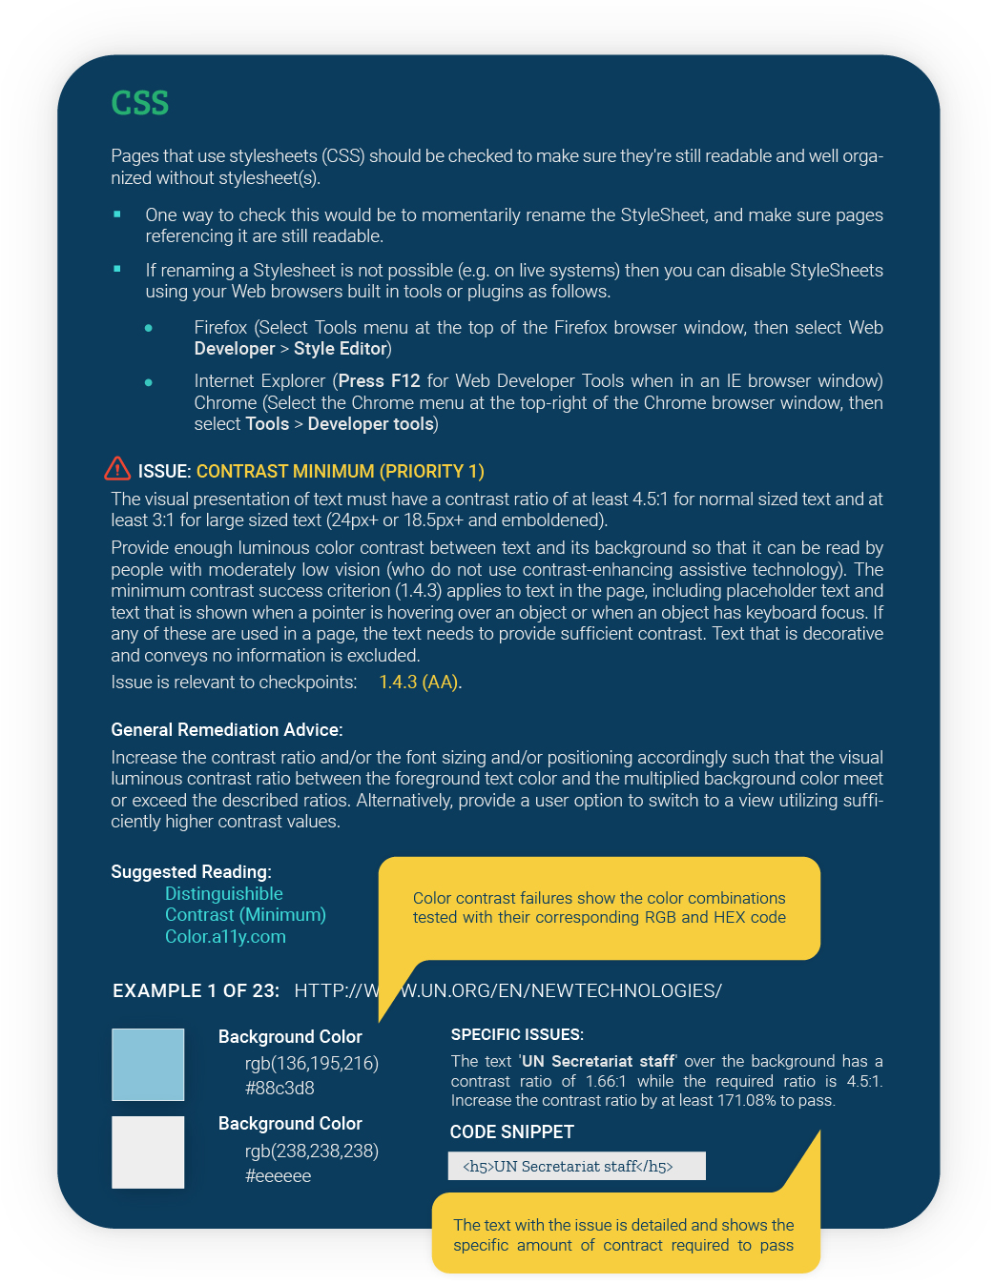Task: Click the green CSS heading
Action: pos(139,103)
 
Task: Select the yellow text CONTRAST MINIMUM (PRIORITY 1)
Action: pos(340,472)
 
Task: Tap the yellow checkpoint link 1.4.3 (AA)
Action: pos(419,683)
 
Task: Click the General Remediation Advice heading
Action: pos(226,730)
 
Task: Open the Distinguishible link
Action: pos(223,894)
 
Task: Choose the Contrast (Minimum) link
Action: pos(245,915)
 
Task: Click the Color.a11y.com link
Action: pos(225,937)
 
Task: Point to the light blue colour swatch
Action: pos(148,1064)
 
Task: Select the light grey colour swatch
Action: pos(148,1152)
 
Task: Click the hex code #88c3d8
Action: pos(280,1089)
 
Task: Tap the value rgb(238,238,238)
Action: pos(311,1152)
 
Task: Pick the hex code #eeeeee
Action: pos(278,1176)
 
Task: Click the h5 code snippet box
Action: pos(576,1167)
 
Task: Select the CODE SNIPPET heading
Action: pos(511,1132)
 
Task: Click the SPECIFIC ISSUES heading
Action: pos(516,1035)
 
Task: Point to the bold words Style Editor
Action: pos(340,349)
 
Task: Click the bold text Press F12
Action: pos(379,381)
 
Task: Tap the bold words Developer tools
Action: pos(370,424)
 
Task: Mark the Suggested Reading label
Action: pos(191,872)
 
